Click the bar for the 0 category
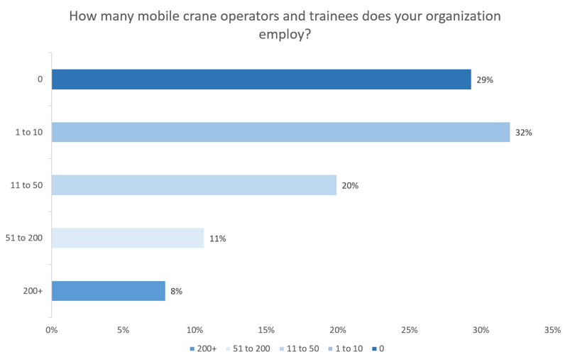pos(261,79)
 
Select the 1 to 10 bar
pos(280,132)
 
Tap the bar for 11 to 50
pos(194,185)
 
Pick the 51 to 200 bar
pos(128,238)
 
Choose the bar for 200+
pos(108,291)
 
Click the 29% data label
pos(485,80)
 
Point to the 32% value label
pos(524,133)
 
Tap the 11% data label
pos(217,239)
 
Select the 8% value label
pos(176,292)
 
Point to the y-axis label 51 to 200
pos(29,238)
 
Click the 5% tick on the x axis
pos(123,330)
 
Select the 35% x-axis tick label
pos(552,330)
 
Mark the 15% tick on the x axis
pos(266,330)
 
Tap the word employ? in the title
pos(285,33)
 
